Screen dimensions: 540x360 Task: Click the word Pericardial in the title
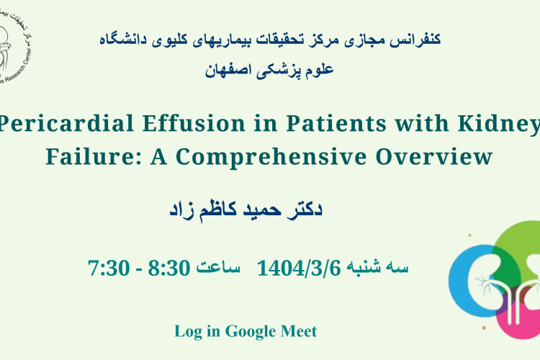(66, 123)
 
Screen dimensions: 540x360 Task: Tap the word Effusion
(194, 123)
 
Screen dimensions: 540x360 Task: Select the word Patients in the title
(336, 123)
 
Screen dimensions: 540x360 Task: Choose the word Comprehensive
(271, 158)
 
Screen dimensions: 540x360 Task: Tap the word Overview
(434, 156)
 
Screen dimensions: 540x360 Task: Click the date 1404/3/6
(299, 268)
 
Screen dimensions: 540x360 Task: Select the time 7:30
(109, 268)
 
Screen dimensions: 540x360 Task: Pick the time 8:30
(169, 268)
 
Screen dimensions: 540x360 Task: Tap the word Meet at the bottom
(299, 331)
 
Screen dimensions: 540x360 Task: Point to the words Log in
(197, 332)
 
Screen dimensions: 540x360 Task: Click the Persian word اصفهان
(222, 70)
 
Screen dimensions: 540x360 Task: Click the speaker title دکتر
(305, 209)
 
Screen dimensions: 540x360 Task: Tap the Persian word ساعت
(218, 267)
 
